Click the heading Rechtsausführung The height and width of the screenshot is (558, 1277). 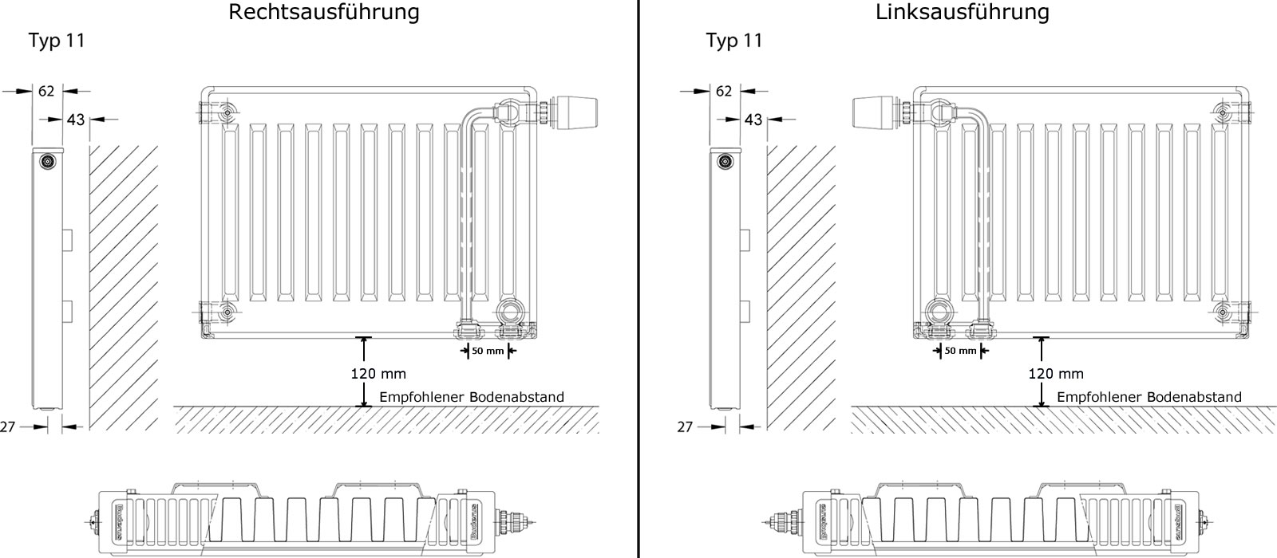pos(323,13)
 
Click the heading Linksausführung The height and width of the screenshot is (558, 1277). pos(962,13)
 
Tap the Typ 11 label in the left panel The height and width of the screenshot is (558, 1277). pos(57,41)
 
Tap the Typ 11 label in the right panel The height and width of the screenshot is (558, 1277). pos(734,41)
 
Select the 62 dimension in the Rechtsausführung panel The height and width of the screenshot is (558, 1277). pos(46,92)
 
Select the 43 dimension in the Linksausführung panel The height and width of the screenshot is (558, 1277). pos(753,120)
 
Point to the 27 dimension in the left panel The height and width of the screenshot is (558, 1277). pos(8,427)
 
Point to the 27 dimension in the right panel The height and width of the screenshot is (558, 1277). pos(685,427)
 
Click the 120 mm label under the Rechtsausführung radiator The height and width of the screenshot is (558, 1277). pos(378,373)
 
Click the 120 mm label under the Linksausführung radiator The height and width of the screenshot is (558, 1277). pos(1056,373)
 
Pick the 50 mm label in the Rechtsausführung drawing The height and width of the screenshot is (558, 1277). pos(488,351)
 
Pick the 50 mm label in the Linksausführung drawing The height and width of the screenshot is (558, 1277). pos(960,351)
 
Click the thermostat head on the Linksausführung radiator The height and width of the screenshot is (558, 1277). pos(876,112)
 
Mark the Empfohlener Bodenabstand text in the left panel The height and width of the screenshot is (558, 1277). pos(471,397)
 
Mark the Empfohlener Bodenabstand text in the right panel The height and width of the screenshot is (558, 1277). pos(1149,397)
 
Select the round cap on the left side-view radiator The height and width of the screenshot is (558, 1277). pos(48,162)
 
